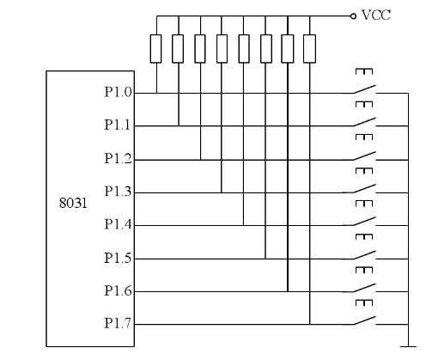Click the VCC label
point(376,15)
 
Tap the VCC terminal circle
point(353,16)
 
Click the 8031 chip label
point(73,203)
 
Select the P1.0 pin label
point(118,92)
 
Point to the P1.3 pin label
point(118,192)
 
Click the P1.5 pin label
point(118,258)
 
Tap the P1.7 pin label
point(118,323)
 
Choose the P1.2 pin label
point(118,158)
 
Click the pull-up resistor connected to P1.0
point(155,49)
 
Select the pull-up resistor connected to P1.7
point(309,49)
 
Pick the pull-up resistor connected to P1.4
point(244,49)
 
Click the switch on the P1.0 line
point(364,89)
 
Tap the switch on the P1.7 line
point(364,320)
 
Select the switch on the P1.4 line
point(364,222)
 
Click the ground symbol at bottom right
point(408,346)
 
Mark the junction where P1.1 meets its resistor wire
point(179,125)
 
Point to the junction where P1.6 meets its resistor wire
point(288,291)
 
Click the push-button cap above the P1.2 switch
point(364,137)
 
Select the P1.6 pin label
point(118,290)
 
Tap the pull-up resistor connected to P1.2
point(200,49)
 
